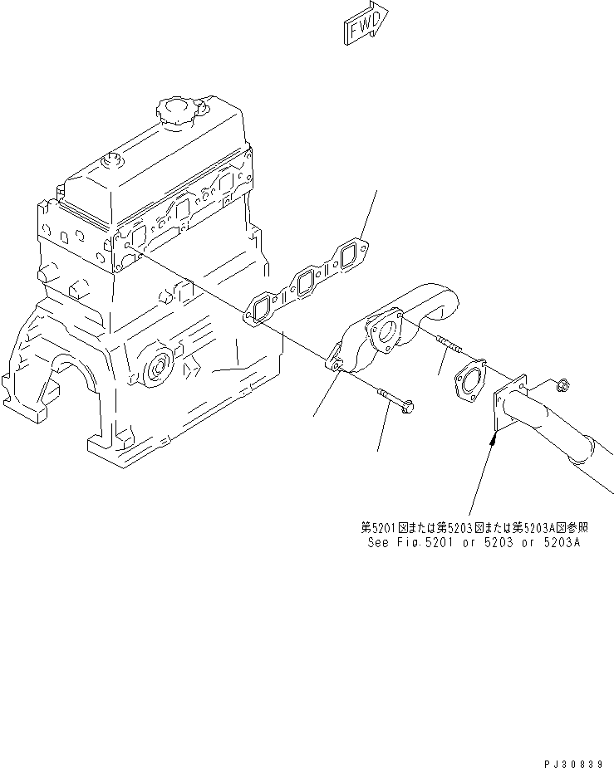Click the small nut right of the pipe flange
[562, 383]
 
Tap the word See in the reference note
[377, 543]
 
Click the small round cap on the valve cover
[107, 161]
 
